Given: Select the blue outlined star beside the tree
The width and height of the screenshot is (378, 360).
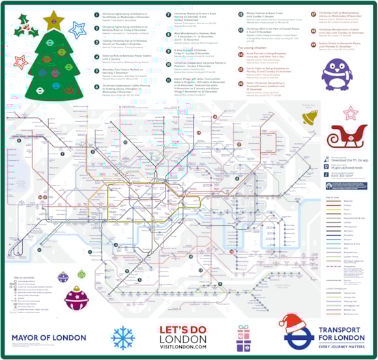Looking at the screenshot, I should point(78,29).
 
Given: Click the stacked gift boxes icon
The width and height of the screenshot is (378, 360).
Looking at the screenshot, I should point(244,337).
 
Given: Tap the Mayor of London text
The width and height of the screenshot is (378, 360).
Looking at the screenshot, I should point(49,338).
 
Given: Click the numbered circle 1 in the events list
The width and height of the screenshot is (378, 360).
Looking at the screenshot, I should point(96,13).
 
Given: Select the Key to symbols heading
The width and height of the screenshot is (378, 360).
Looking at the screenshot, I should point(23,277).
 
